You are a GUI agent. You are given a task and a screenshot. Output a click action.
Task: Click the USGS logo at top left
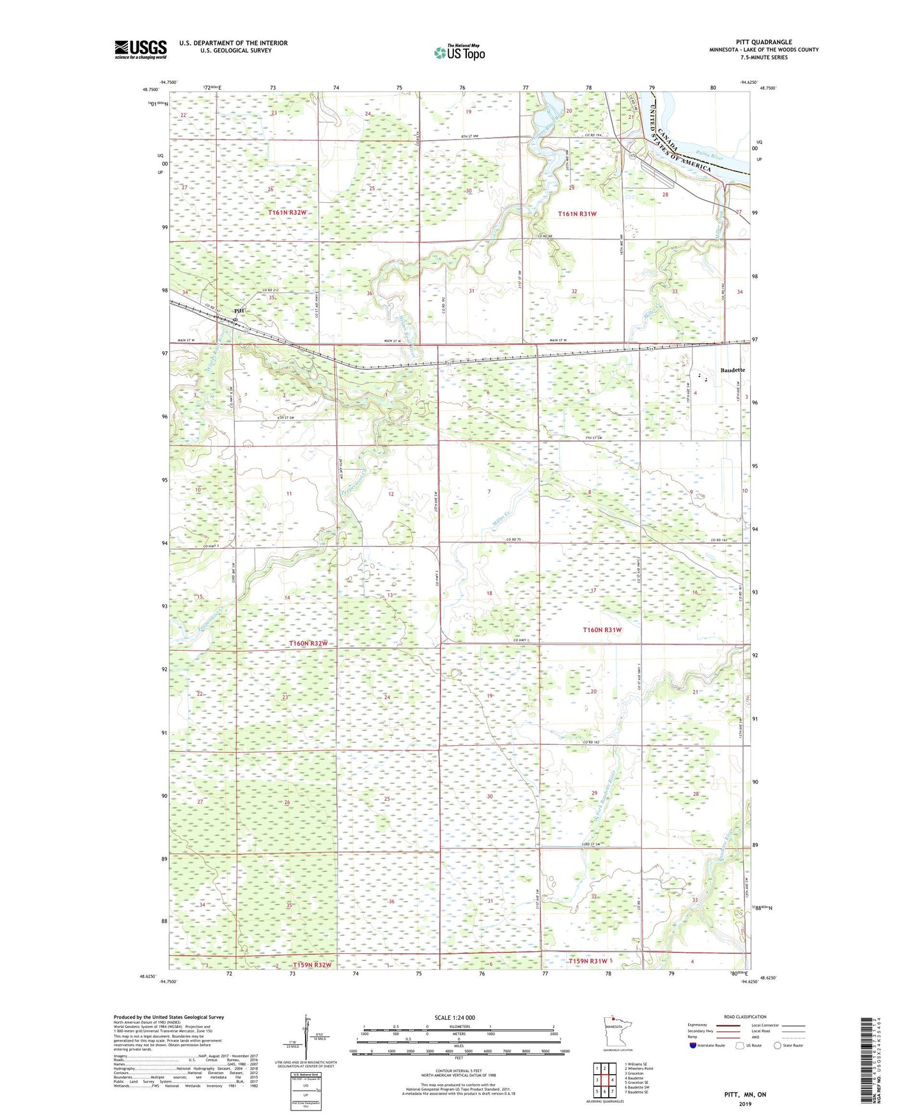coord(141,49)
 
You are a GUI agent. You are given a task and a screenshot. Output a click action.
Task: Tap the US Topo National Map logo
coord(458,52)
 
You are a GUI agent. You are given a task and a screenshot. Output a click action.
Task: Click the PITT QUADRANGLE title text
coord(763,42)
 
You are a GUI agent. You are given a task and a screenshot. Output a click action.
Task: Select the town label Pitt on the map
coord(239,311)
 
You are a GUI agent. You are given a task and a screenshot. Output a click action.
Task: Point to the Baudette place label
coord(732,370)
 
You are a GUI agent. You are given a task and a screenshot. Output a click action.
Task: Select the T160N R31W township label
coord(602,630)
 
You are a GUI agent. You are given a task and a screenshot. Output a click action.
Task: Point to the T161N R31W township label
coord(577,214)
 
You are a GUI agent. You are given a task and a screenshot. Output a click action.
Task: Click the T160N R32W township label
coord(308,643)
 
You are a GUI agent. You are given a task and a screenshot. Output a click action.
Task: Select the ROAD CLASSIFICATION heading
coord(745,1017)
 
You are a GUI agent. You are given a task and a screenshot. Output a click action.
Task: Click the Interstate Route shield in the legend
coord(694,1045)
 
